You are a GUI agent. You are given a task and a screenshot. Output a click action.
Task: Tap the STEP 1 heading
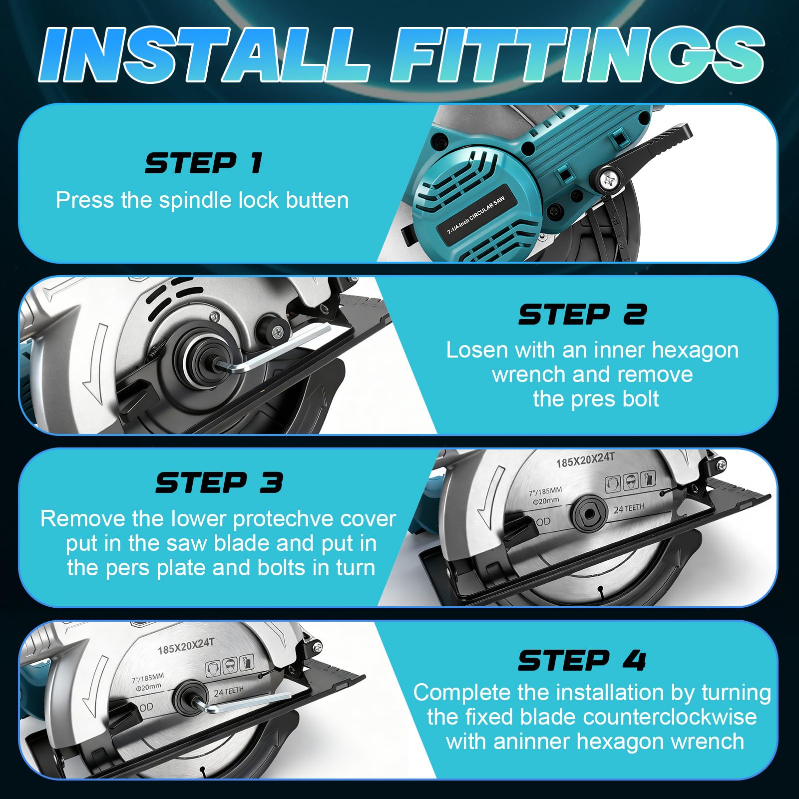[204, 163]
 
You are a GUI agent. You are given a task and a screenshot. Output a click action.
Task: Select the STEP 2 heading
[582, 315]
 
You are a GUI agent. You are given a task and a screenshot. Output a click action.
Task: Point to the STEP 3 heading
[219, 483]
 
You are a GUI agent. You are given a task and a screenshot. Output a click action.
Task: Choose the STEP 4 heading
[582, 660]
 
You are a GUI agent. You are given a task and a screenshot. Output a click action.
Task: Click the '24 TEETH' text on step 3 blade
[629, 508]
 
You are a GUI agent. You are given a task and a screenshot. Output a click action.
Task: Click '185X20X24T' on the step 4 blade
[186, 646]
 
